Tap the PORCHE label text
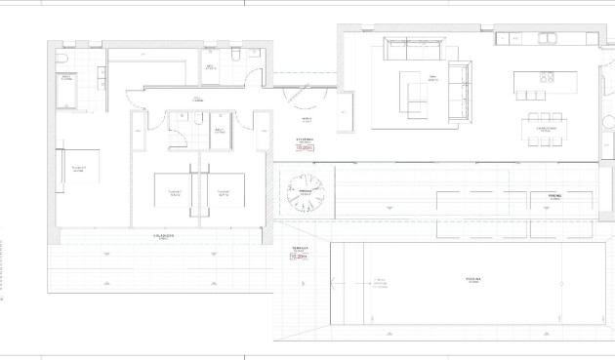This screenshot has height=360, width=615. (x=553, y=195)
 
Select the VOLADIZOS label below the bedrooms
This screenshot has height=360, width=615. (x=163, y=236)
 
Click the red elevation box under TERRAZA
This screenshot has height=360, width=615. (x=299, y=257)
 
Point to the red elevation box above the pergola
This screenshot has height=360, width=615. (x=306, y=149)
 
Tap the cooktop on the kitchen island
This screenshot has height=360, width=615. (x=546, y=76)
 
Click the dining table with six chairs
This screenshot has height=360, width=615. (x=544, y=128)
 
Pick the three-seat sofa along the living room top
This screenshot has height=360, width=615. (x=414, y=48)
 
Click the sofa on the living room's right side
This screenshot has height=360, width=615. (x=459, y=91)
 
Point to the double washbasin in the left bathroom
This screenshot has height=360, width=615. (x=102, y=73)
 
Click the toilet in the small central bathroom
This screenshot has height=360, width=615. (x=196, y=120)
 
